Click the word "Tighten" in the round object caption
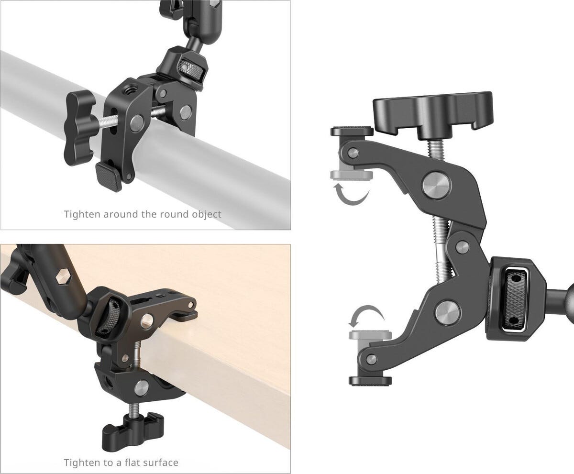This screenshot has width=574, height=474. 82,214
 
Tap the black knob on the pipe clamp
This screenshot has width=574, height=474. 80,128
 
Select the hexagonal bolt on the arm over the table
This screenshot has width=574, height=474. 63,277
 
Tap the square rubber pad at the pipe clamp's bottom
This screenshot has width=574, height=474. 109,176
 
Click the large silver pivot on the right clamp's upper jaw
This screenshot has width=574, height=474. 437,185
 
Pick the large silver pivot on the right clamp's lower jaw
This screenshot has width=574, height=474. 448,314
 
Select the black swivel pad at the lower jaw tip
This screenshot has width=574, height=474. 370,380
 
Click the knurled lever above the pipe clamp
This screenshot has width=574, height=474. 190,68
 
